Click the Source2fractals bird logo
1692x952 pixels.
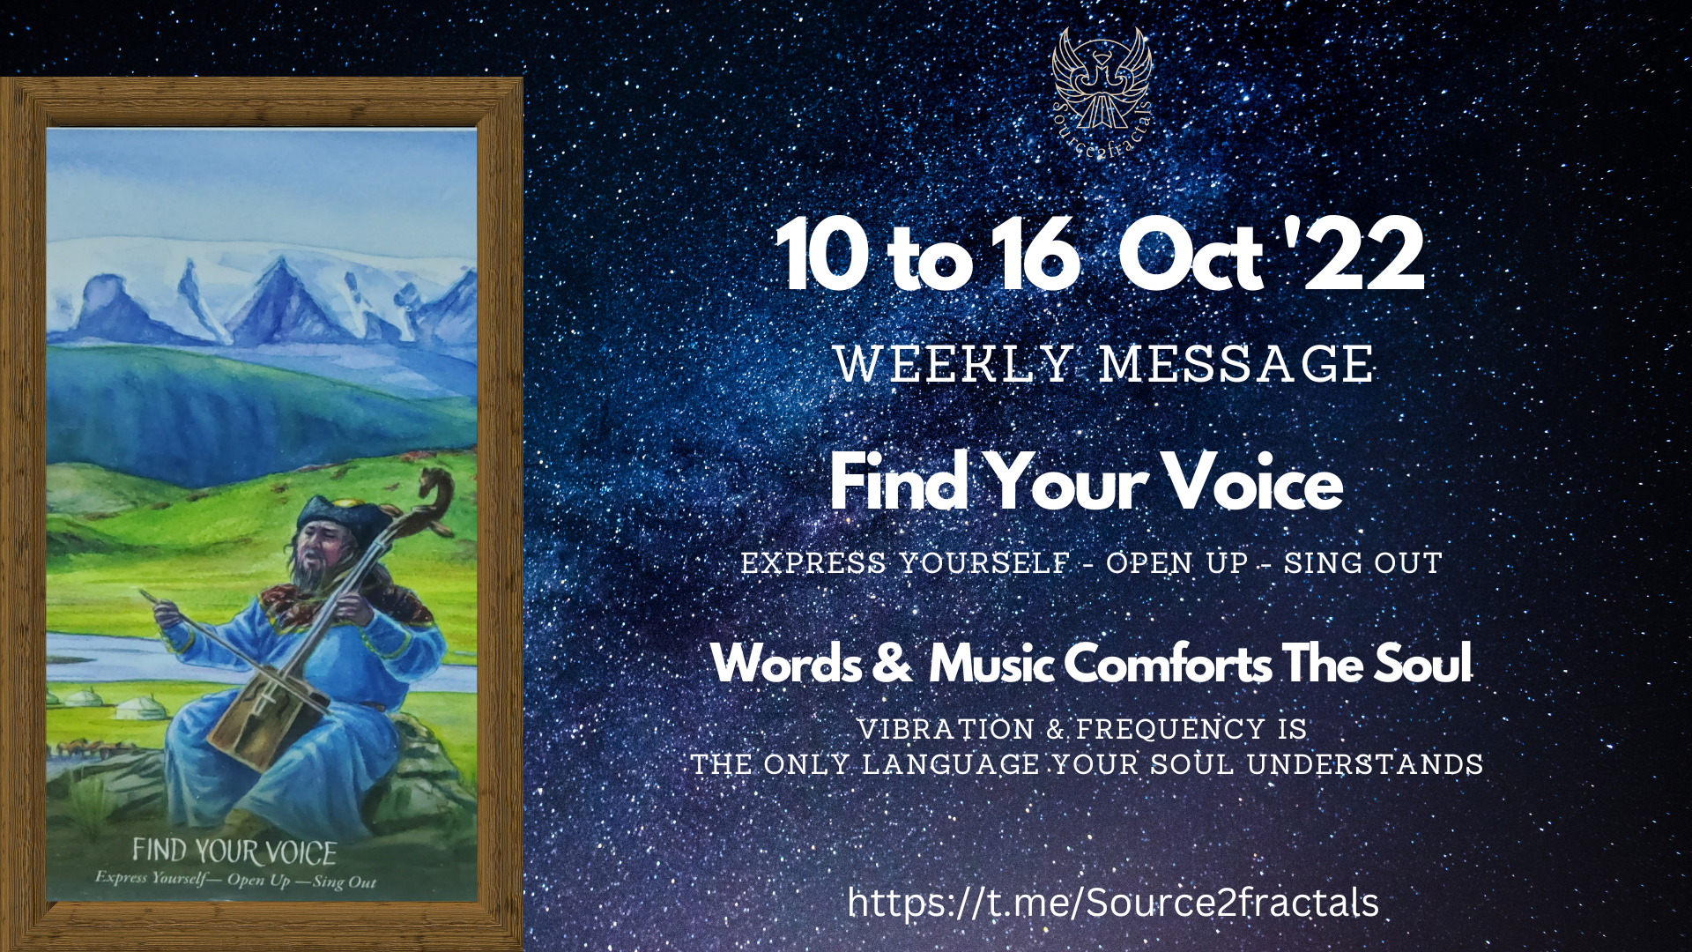1102,93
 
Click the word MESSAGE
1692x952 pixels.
1236,364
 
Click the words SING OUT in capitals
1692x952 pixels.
1362,562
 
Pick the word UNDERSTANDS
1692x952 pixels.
1365,764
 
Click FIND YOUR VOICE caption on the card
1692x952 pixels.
234,852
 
